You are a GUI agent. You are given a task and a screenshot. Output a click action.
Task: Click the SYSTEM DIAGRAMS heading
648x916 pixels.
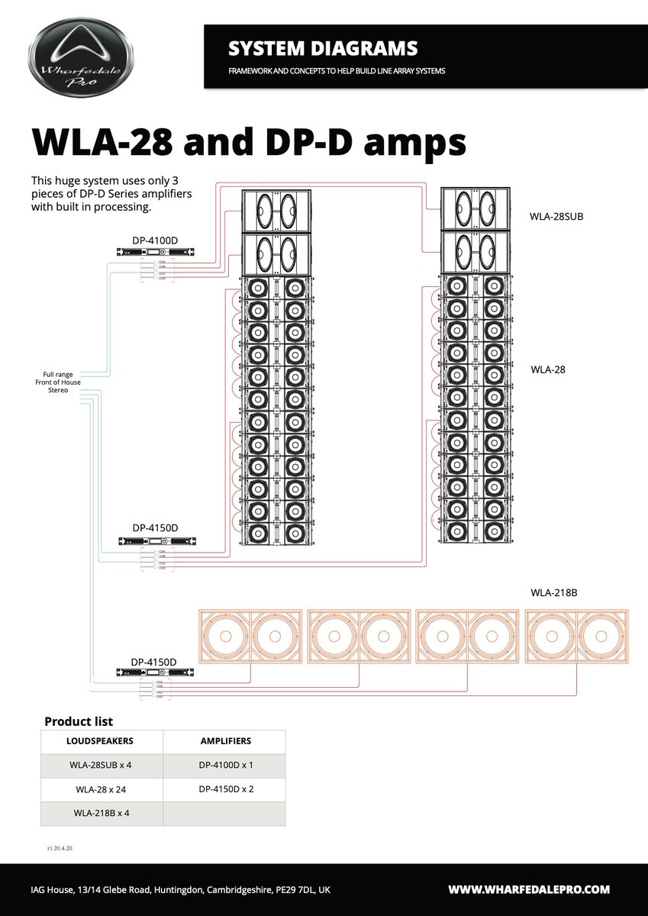point(322,49)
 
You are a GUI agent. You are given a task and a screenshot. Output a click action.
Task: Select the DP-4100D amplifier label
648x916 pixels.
point(155,240)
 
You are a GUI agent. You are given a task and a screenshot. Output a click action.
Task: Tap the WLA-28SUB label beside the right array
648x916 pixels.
point(556,216)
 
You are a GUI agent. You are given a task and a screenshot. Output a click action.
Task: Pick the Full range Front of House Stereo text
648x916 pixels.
point(57,382)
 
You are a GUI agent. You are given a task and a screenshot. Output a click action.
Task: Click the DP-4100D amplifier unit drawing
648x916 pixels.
point(155,253)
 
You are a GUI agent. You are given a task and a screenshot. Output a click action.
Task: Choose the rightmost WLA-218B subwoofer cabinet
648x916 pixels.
point(575,635)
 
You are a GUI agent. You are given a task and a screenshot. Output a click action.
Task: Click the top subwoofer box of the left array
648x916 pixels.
point(278,210)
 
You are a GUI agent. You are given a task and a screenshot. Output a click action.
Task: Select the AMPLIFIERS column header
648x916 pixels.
point(225,741)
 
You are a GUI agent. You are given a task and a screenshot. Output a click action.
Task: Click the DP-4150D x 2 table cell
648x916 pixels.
point(225,789)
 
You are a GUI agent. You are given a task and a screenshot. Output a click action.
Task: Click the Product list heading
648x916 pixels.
point(79,721)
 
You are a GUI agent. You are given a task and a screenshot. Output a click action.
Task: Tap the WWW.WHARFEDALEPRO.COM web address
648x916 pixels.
point(528,889)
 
